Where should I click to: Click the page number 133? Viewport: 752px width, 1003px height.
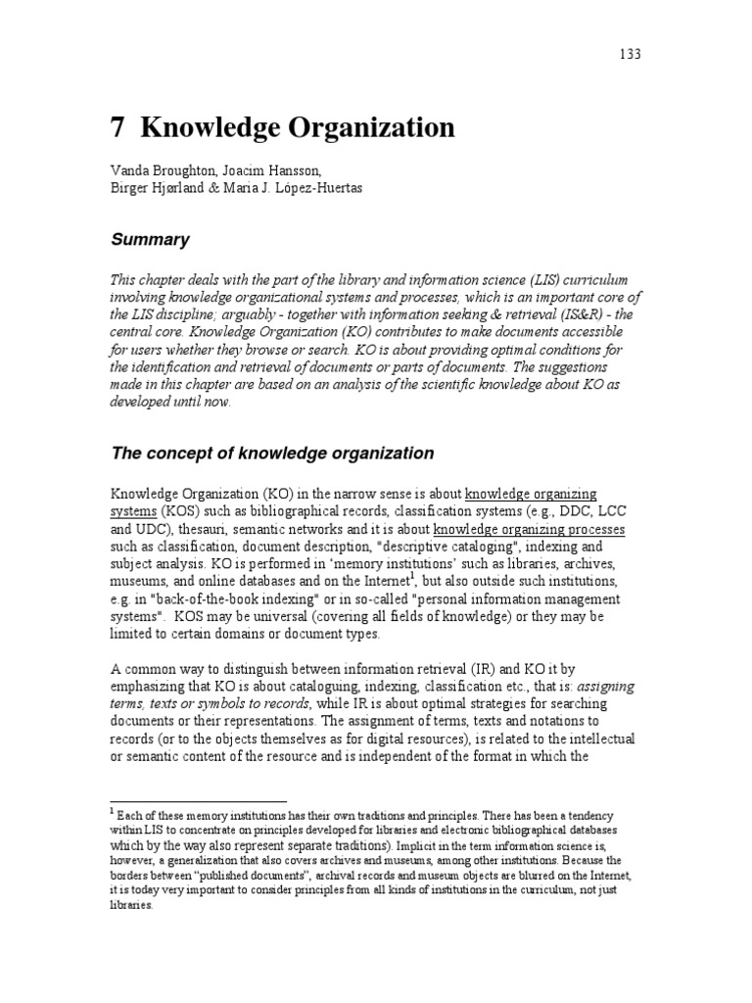tap(630, 54)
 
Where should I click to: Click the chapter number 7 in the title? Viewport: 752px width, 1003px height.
tap(117, 128)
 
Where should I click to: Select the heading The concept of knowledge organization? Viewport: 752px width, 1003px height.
tap(271, 453)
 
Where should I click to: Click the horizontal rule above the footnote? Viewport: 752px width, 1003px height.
tap(197, 800)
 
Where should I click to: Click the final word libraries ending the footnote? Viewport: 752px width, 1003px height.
tap(131, 906)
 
